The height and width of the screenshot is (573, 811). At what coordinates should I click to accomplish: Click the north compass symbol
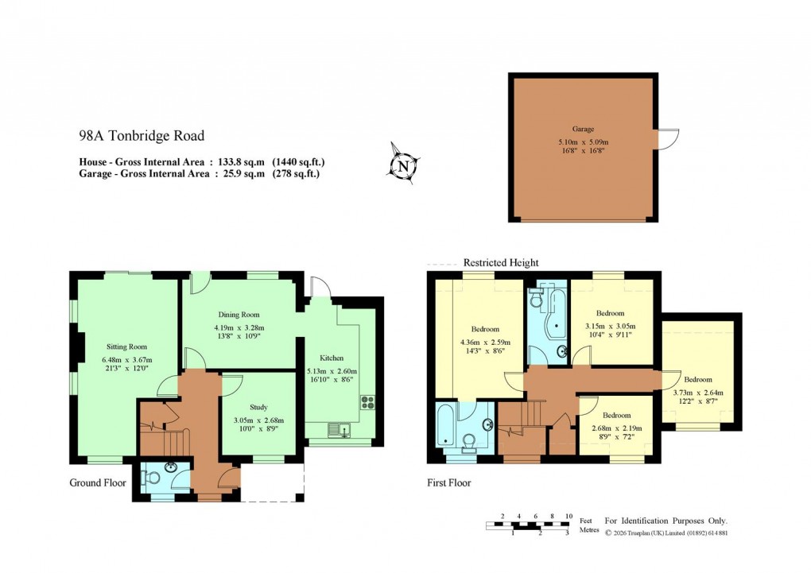click(404, 165)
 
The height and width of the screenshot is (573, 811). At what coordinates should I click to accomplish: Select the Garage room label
click(583, 128)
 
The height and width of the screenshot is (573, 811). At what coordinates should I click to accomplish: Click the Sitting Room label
click(127, 347)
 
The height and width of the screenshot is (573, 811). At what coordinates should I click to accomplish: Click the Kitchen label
click(332, 358)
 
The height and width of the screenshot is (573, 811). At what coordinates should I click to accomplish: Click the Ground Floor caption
click(98, 482)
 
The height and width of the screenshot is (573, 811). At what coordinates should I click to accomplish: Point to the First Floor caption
click(448, 482)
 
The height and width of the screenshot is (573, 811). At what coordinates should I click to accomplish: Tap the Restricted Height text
click(500, 262)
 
